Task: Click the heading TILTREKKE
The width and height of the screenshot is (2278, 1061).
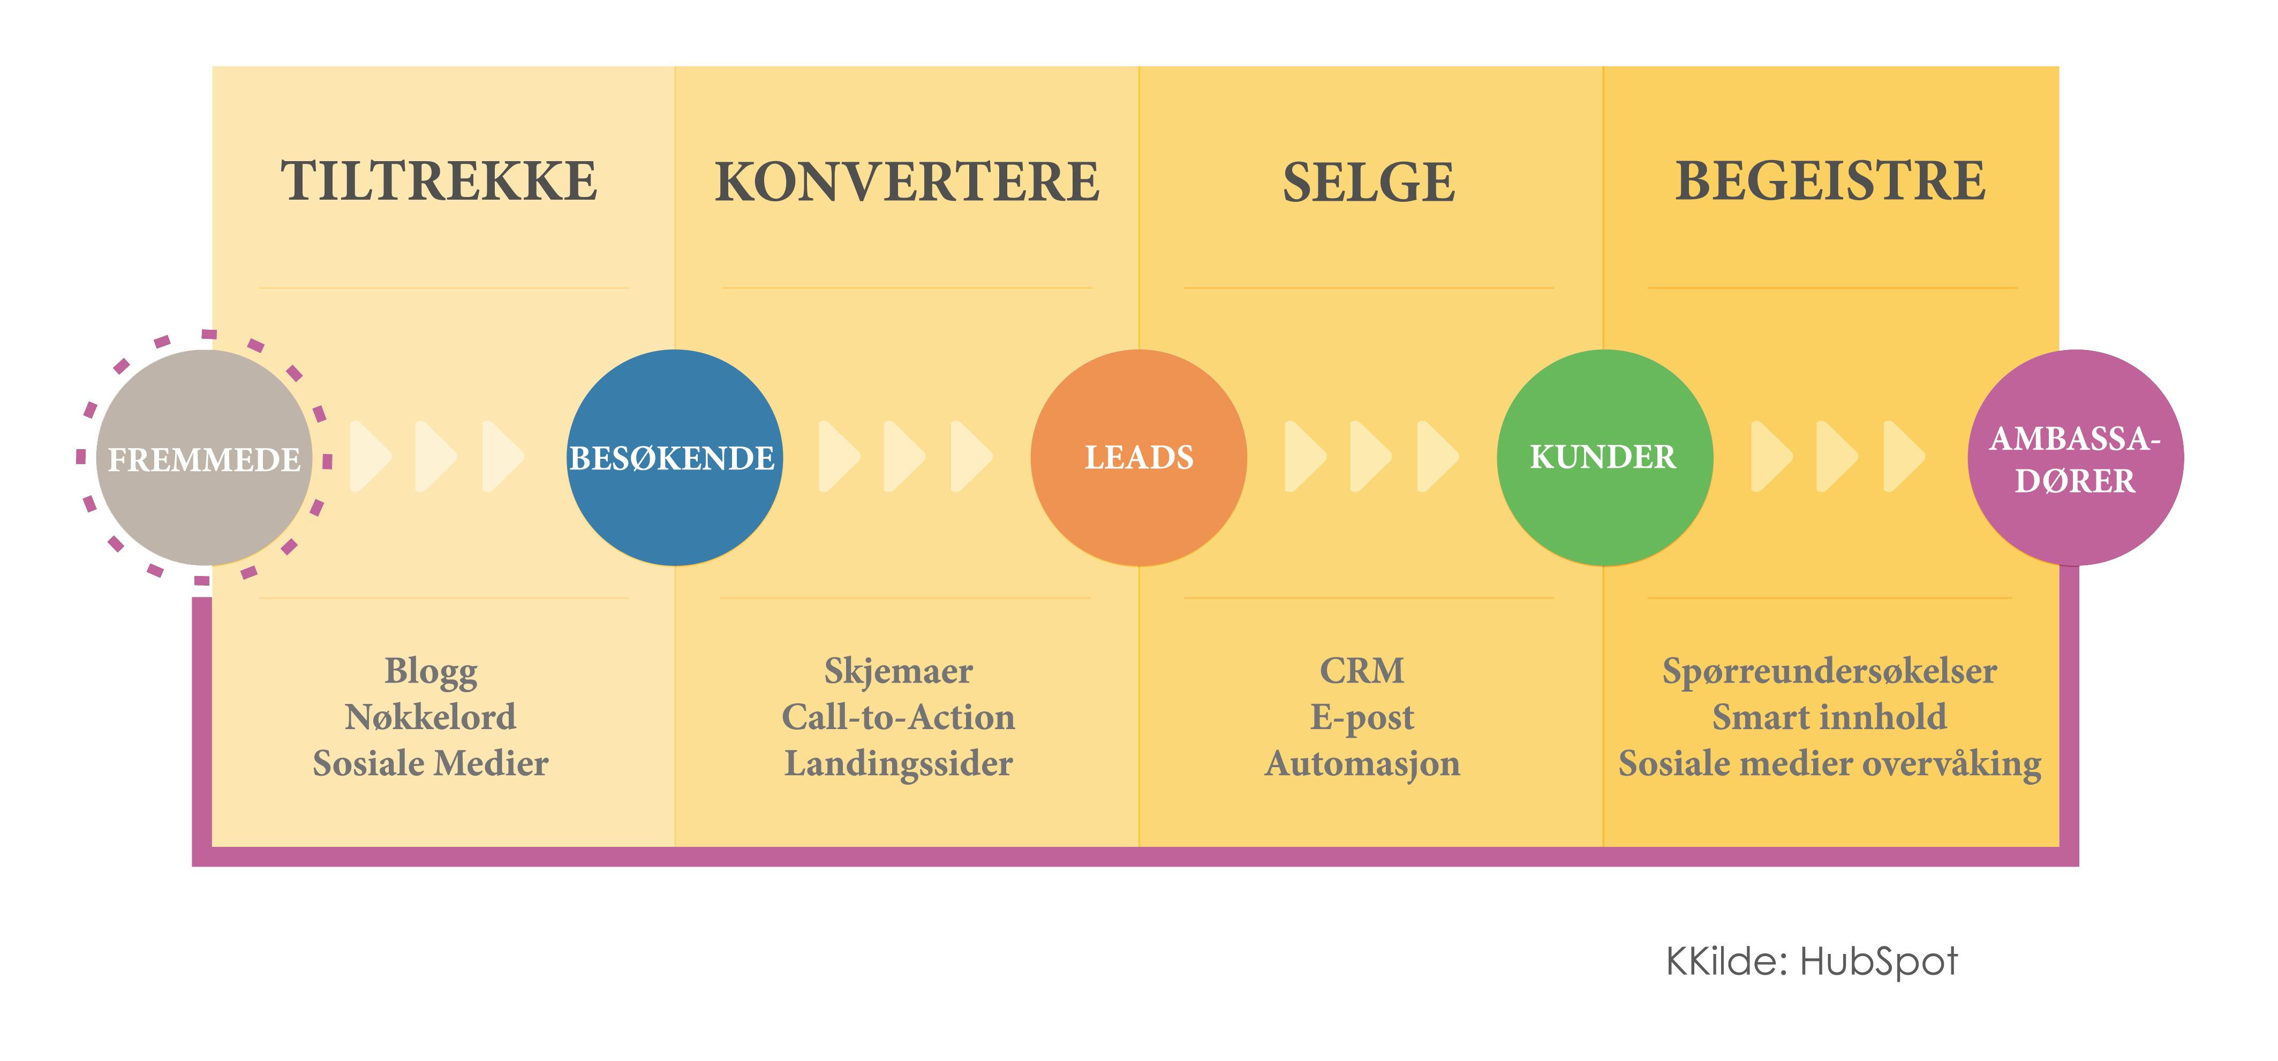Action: pos(439,181)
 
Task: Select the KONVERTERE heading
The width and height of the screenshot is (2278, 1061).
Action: pos(907,181)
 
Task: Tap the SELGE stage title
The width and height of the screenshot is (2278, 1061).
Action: pos(1369,182)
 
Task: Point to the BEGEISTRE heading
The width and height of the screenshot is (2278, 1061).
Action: pos(1830,181)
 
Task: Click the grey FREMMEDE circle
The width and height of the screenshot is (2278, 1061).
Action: pos(204,458)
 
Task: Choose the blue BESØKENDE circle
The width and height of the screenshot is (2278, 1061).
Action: pos(675,458)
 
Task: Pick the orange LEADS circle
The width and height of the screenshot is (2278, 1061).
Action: pos(1139,458)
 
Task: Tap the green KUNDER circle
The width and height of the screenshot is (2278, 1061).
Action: pos(1605,458)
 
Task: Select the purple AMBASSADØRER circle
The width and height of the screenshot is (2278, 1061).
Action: pos(2076,458)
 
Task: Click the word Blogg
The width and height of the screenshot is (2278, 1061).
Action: pos(431,672)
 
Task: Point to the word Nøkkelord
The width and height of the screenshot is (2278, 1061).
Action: pos(431,717)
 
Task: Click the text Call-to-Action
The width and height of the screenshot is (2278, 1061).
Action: pos(899,717)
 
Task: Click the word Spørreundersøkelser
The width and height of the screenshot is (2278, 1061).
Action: pos(1830,672)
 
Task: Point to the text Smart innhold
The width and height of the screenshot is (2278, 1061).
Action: pos(1830,717)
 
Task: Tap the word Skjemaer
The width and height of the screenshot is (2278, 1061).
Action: pos(899,672)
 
